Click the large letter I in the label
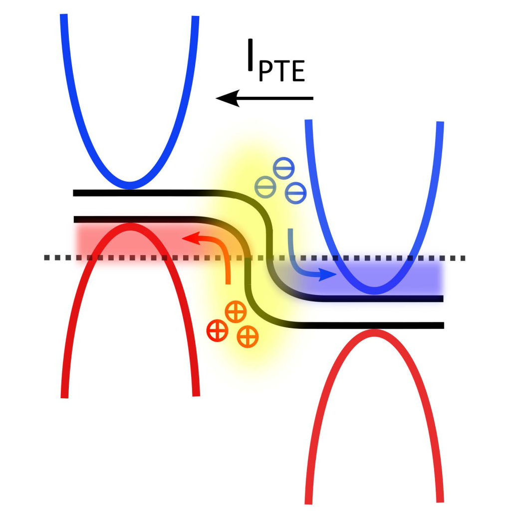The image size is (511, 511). (x=251, y=54)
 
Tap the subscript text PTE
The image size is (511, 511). (x=282, y=71)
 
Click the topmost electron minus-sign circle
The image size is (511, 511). (x=284, y=168)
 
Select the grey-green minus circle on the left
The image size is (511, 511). (x=265, y=187)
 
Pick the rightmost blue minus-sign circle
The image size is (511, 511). (x=295, y=193)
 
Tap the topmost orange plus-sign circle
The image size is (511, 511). (x=236, y=312)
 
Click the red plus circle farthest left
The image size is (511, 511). (x=218, y=331)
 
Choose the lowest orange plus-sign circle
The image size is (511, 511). (x=248, y=337)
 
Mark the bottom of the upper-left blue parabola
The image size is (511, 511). (x=130, y=185)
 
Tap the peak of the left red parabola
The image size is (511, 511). (x=130, y=226)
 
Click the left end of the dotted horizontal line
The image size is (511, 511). (x=46, y=258)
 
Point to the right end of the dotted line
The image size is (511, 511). (x=463, y=258)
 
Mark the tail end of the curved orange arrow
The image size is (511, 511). (x=228, y=283)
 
